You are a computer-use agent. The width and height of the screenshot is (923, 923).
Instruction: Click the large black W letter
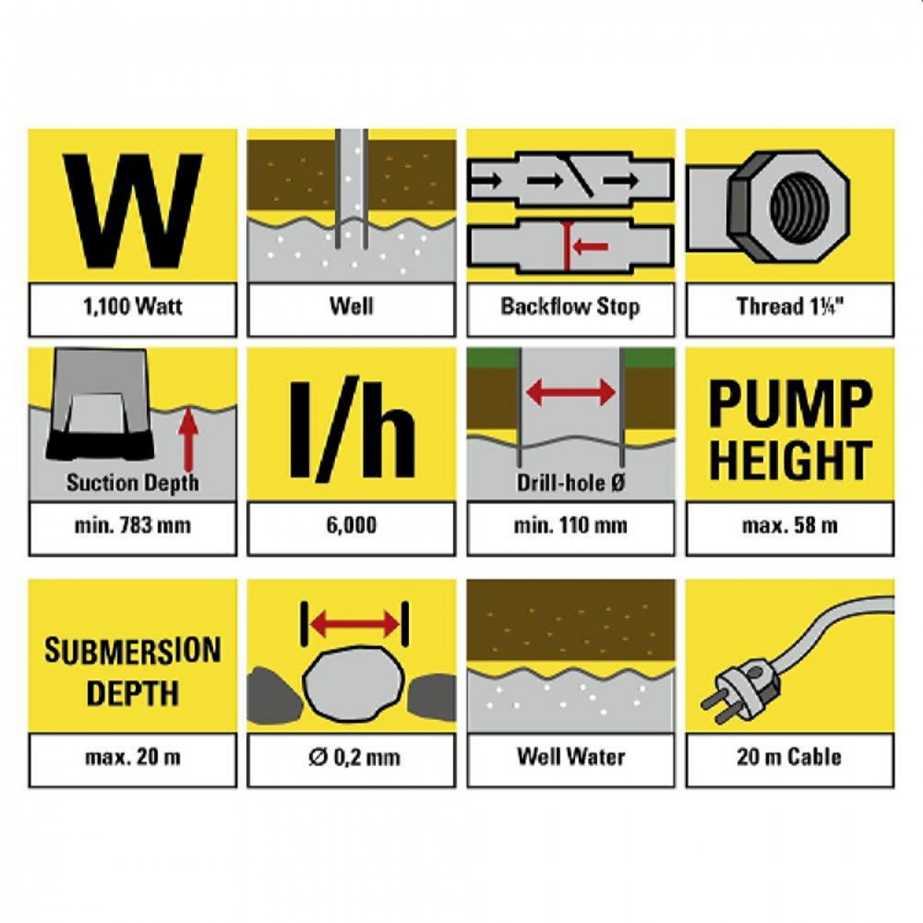[133, 212]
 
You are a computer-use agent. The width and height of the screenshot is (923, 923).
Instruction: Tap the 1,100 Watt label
[133, 306]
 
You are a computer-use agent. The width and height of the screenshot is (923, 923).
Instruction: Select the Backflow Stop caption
[570, 307]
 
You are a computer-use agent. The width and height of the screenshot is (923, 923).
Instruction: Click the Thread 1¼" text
[790, 307]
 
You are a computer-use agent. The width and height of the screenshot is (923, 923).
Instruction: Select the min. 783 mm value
[133, 526]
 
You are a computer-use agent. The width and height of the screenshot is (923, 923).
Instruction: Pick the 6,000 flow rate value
[351, 525]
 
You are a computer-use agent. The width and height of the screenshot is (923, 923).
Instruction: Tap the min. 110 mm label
[570, 526]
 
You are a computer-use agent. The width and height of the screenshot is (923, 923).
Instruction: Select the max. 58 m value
[790, 526]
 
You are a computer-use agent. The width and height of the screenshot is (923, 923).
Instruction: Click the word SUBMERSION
[133, 650]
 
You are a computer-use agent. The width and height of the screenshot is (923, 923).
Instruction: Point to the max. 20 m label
[133, 758]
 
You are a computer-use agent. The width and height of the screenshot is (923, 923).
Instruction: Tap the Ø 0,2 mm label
[354, 758]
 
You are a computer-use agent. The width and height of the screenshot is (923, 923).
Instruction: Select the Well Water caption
[570, 758]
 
